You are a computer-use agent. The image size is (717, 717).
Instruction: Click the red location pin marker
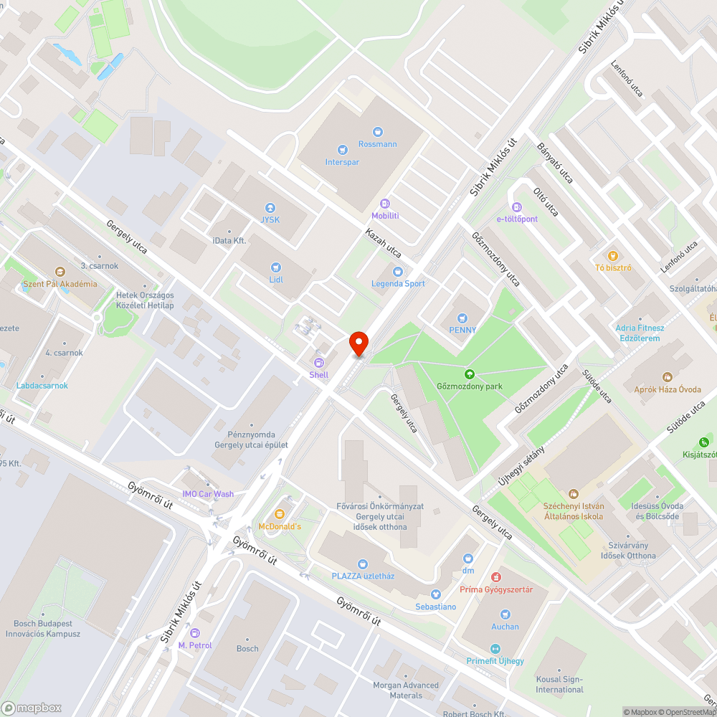click(358, 343)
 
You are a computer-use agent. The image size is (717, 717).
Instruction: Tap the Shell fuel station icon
click(319, 363)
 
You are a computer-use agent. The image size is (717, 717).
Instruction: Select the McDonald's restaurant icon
click(280, 514)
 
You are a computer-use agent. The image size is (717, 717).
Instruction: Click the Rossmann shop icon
click(378, 132)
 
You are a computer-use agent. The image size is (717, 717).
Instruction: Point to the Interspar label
click(342, 162)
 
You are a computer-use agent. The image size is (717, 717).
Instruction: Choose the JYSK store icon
click(270, 207)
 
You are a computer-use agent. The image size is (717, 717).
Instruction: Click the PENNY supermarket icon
click(462, 318)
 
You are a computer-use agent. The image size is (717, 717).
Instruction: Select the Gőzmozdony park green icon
click(470, 374)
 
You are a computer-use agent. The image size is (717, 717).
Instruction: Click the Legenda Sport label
click(398, 283)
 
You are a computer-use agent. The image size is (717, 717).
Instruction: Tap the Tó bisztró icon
click(612, 255)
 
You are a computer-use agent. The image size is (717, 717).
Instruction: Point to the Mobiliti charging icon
click(385, 204)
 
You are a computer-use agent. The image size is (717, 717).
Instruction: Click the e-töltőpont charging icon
click(517, 207)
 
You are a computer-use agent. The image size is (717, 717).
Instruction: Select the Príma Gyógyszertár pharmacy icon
click(495, 577)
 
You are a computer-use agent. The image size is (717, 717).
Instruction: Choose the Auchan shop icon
click(505, 614)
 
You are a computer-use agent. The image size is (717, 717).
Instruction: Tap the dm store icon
click(468, 558)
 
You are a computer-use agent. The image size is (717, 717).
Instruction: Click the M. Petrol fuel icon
click(194, 633)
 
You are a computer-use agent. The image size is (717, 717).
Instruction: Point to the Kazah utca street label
click(383, 243)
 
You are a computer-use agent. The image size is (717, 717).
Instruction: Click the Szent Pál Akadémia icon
click(60, 272)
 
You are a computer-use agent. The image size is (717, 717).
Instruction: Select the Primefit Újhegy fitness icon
click(495, 649)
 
